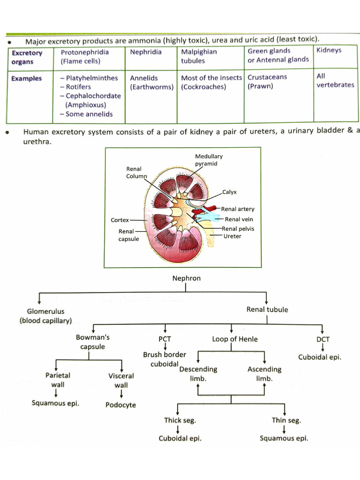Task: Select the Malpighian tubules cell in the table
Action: [x=199, y=56]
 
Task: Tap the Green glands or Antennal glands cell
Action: [x=278, y=55]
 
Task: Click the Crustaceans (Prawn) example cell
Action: [x=267, y=82]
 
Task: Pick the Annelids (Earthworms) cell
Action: [x=151, y=82]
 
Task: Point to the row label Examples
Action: [x=27, y=79]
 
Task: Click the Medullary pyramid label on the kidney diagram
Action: [x=209, y=160]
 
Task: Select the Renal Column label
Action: [x=136, y=172]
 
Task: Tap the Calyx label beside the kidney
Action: [x=230, y=192]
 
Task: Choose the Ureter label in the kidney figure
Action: [x=232, y=236]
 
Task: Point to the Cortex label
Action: [x=120, y=220]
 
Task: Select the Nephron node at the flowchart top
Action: [x=186, y=278]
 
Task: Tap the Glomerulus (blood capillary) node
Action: [x=45, y=316]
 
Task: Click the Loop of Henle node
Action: [x=235, y=339]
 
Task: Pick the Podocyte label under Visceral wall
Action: [x=120, y=405]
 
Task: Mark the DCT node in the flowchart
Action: [x=323, y=339]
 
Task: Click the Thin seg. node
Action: [x=286, y=420]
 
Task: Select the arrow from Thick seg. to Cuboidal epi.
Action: [x=178, y=429]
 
